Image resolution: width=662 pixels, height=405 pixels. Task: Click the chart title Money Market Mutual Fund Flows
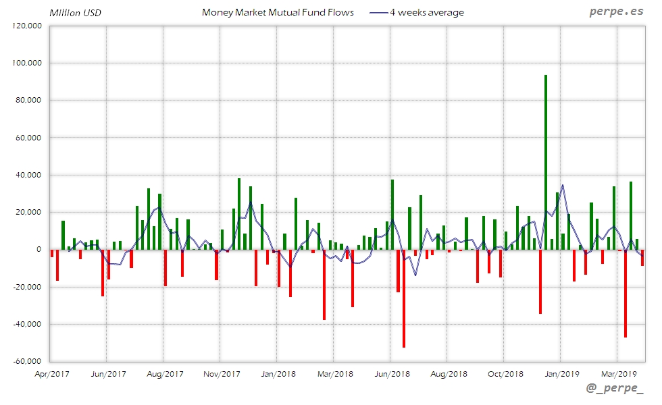(x=278, y=12)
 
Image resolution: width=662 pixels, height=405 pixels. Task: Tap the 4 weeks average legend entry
(x=417, y=12)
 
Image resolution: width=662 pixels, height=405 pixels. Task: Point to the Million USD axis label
(x=76, y=13)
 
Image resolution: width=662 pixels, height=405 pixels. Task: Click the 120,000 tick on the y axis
(x=28, y=26)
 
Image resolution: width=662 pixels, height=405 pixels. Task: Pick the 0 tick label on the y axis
(x=39, y=250)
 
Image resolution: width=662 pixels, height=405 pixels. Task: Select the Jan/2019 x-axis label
(x=561, y=373)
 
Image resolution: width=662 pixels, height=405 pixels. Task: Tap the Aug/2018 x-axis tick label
(x=448, y=373)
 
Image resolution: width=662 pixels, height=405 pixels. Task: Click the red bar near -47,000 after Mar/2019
(x=626, y=293)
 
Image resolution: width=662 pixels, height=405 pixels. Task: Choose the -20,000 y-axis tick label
(x=26, y=287)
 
